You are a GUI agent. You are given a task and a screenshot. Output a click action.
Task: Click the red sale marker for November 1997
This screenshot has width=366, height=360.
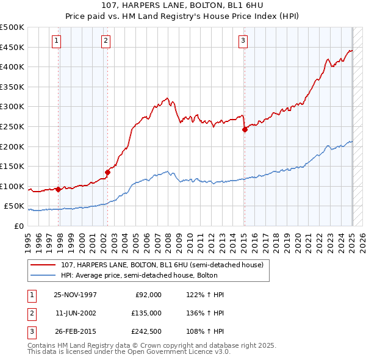coord(59,189)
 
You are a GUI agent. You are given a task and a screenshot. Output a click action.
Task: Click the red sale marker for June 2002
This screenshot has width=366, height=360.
coord(107,172)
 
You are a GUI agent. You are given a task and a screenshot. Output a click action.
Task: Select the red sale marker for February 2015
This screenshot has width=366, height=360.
coord(245,129)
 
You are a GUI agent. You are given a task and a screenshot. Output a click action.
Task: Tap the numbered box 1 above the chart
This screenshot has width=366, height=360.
coord(56,41)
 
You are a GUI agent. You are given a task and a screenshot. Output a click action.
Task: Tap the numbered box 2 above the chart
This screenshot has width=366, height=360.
coord(106,41)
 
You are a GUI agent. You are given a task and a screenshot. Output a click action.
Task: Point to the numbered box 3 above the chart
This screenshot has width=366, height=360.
coord(243,41)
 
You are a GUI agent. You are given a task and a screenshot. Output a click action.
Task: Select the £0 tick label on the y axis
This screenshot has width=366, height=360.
coord(18,226)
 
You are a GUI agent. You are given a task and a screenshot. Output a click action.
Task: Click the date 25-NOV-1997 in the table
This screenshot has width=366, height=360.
coord(76,295)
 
